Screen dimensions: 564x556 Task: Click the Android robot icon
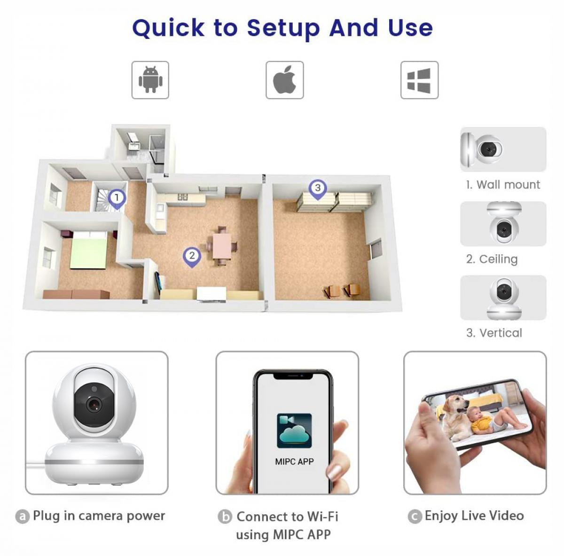pos(150,79)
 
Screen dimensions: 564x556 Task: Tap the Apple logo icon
pos(284,79)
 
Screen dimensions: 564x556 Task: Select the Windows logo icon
pos(419,80)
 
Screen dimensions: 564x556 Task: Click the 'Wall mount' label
pos(503,185)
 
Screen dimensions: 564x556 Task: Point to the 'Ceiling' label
pos(492,259)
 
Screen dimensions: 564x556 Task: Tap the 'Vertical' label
pos(494,333)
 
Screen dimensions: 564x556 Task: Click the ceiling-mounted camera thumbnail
pos(503,223)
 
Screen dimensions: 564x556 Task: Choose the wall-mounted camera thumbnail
pos(503,149)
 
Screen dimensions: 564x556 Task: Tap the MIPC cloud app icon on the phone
pos(294,431)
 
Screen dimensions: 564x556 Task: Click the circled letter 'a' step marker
pos(22,517)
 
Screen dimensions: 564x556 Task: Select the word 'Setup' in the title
pos(283,28)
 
